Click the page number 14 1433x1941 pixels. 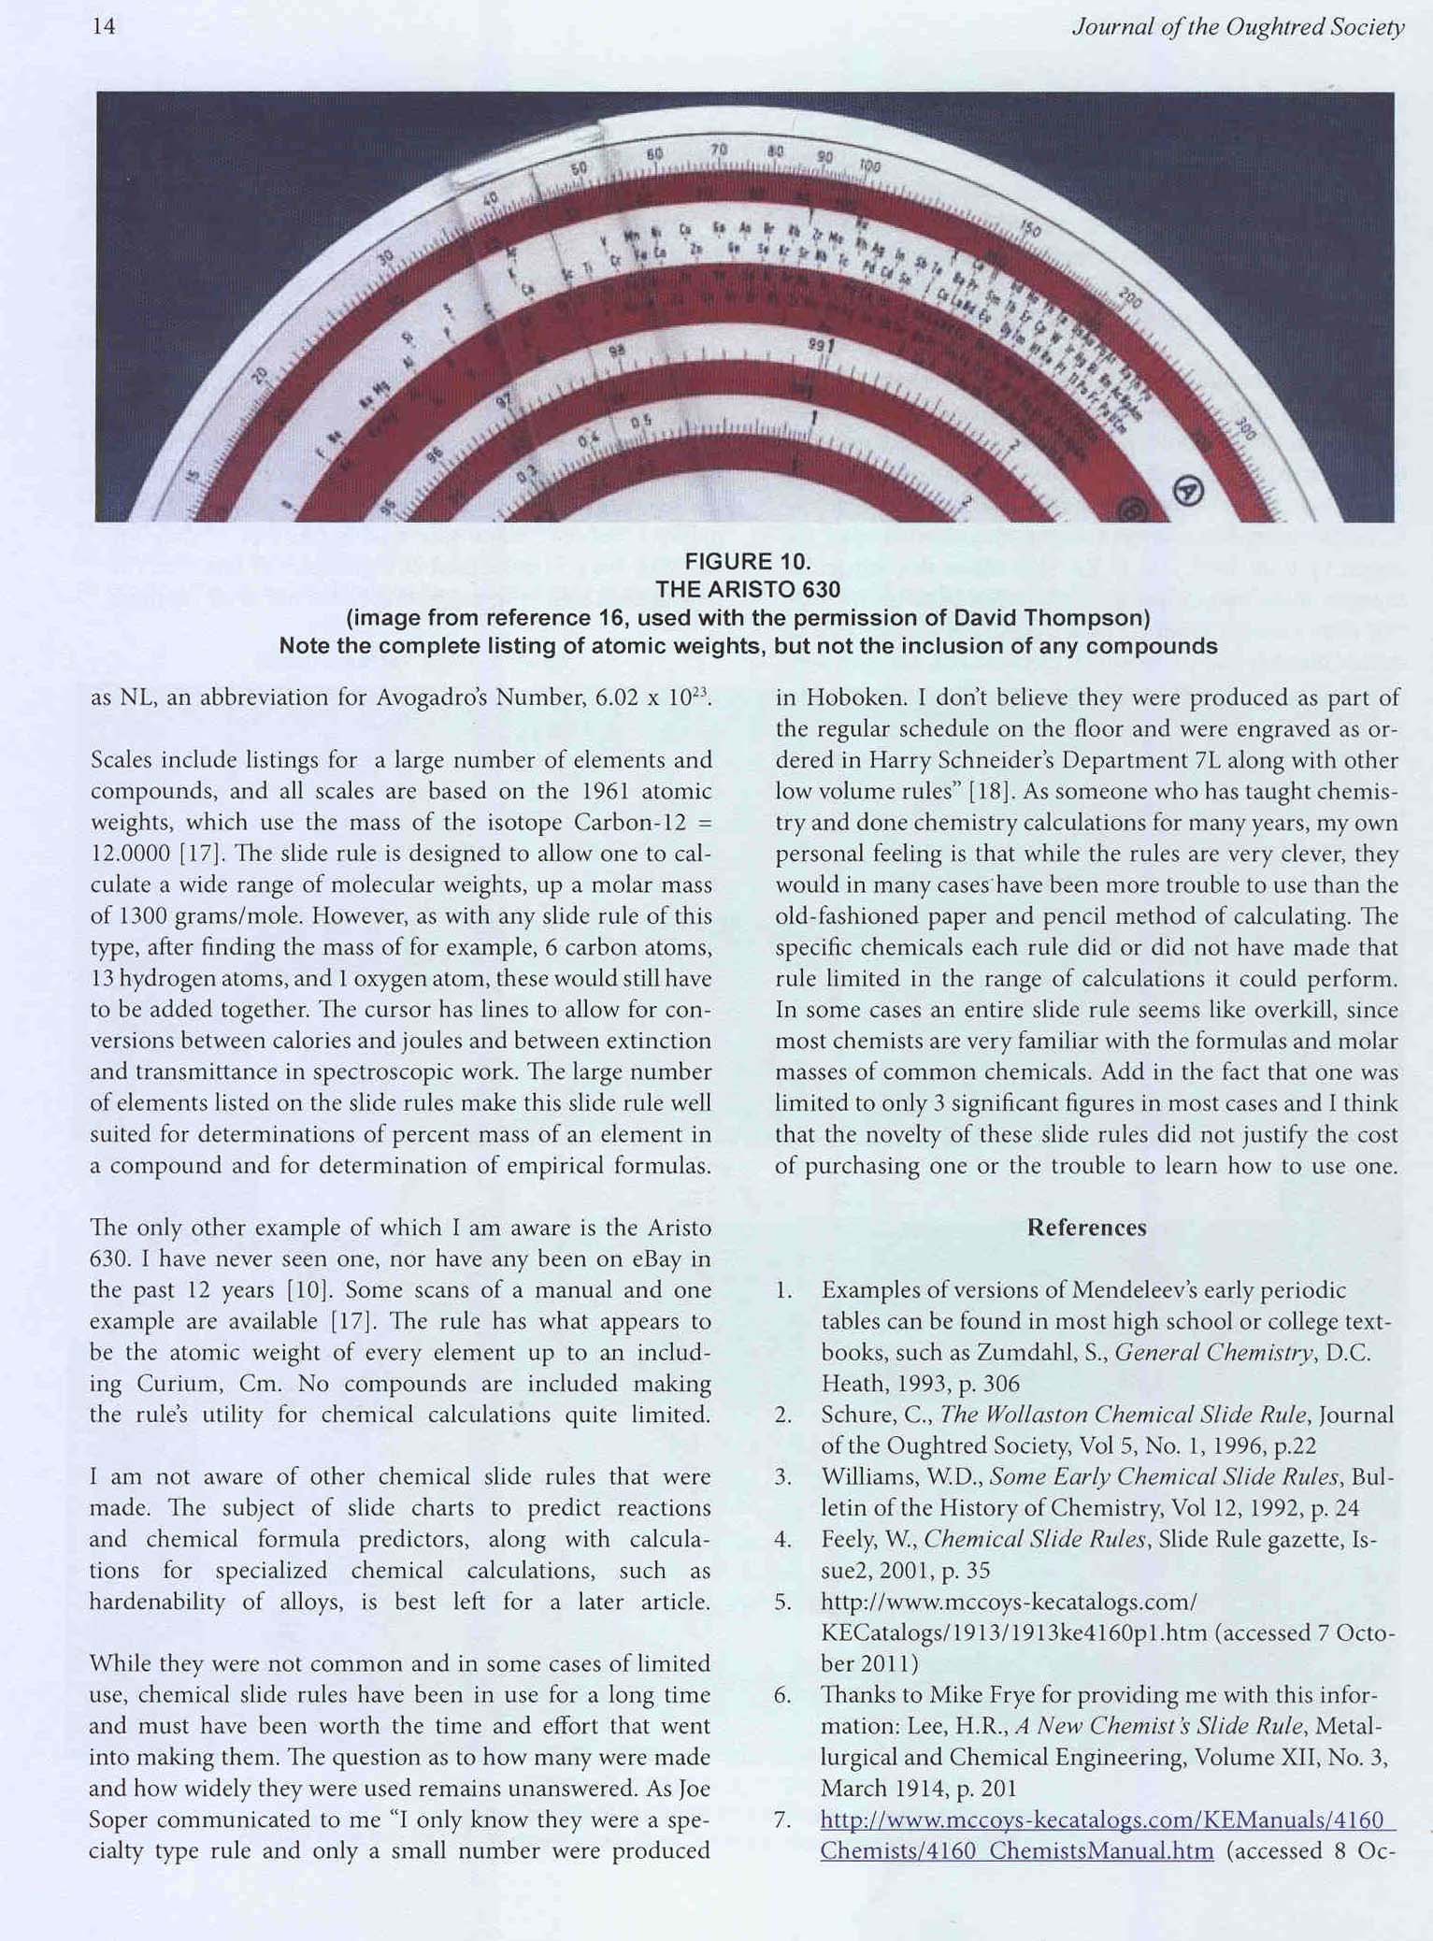[104, 27]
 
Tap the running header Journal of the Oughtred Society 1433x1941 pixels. [1238, 27]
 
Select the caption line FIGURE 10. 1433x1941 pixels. [747, 562]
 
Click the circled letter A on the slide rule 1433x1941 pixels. [1187, 491]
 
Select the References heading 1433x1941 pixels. [1086, 1228]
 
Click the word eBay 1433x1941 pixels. [643, 1259]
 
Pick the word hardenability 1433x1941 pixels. [157, 1603]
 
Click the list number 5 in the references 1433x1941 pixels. [783, 1603]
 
